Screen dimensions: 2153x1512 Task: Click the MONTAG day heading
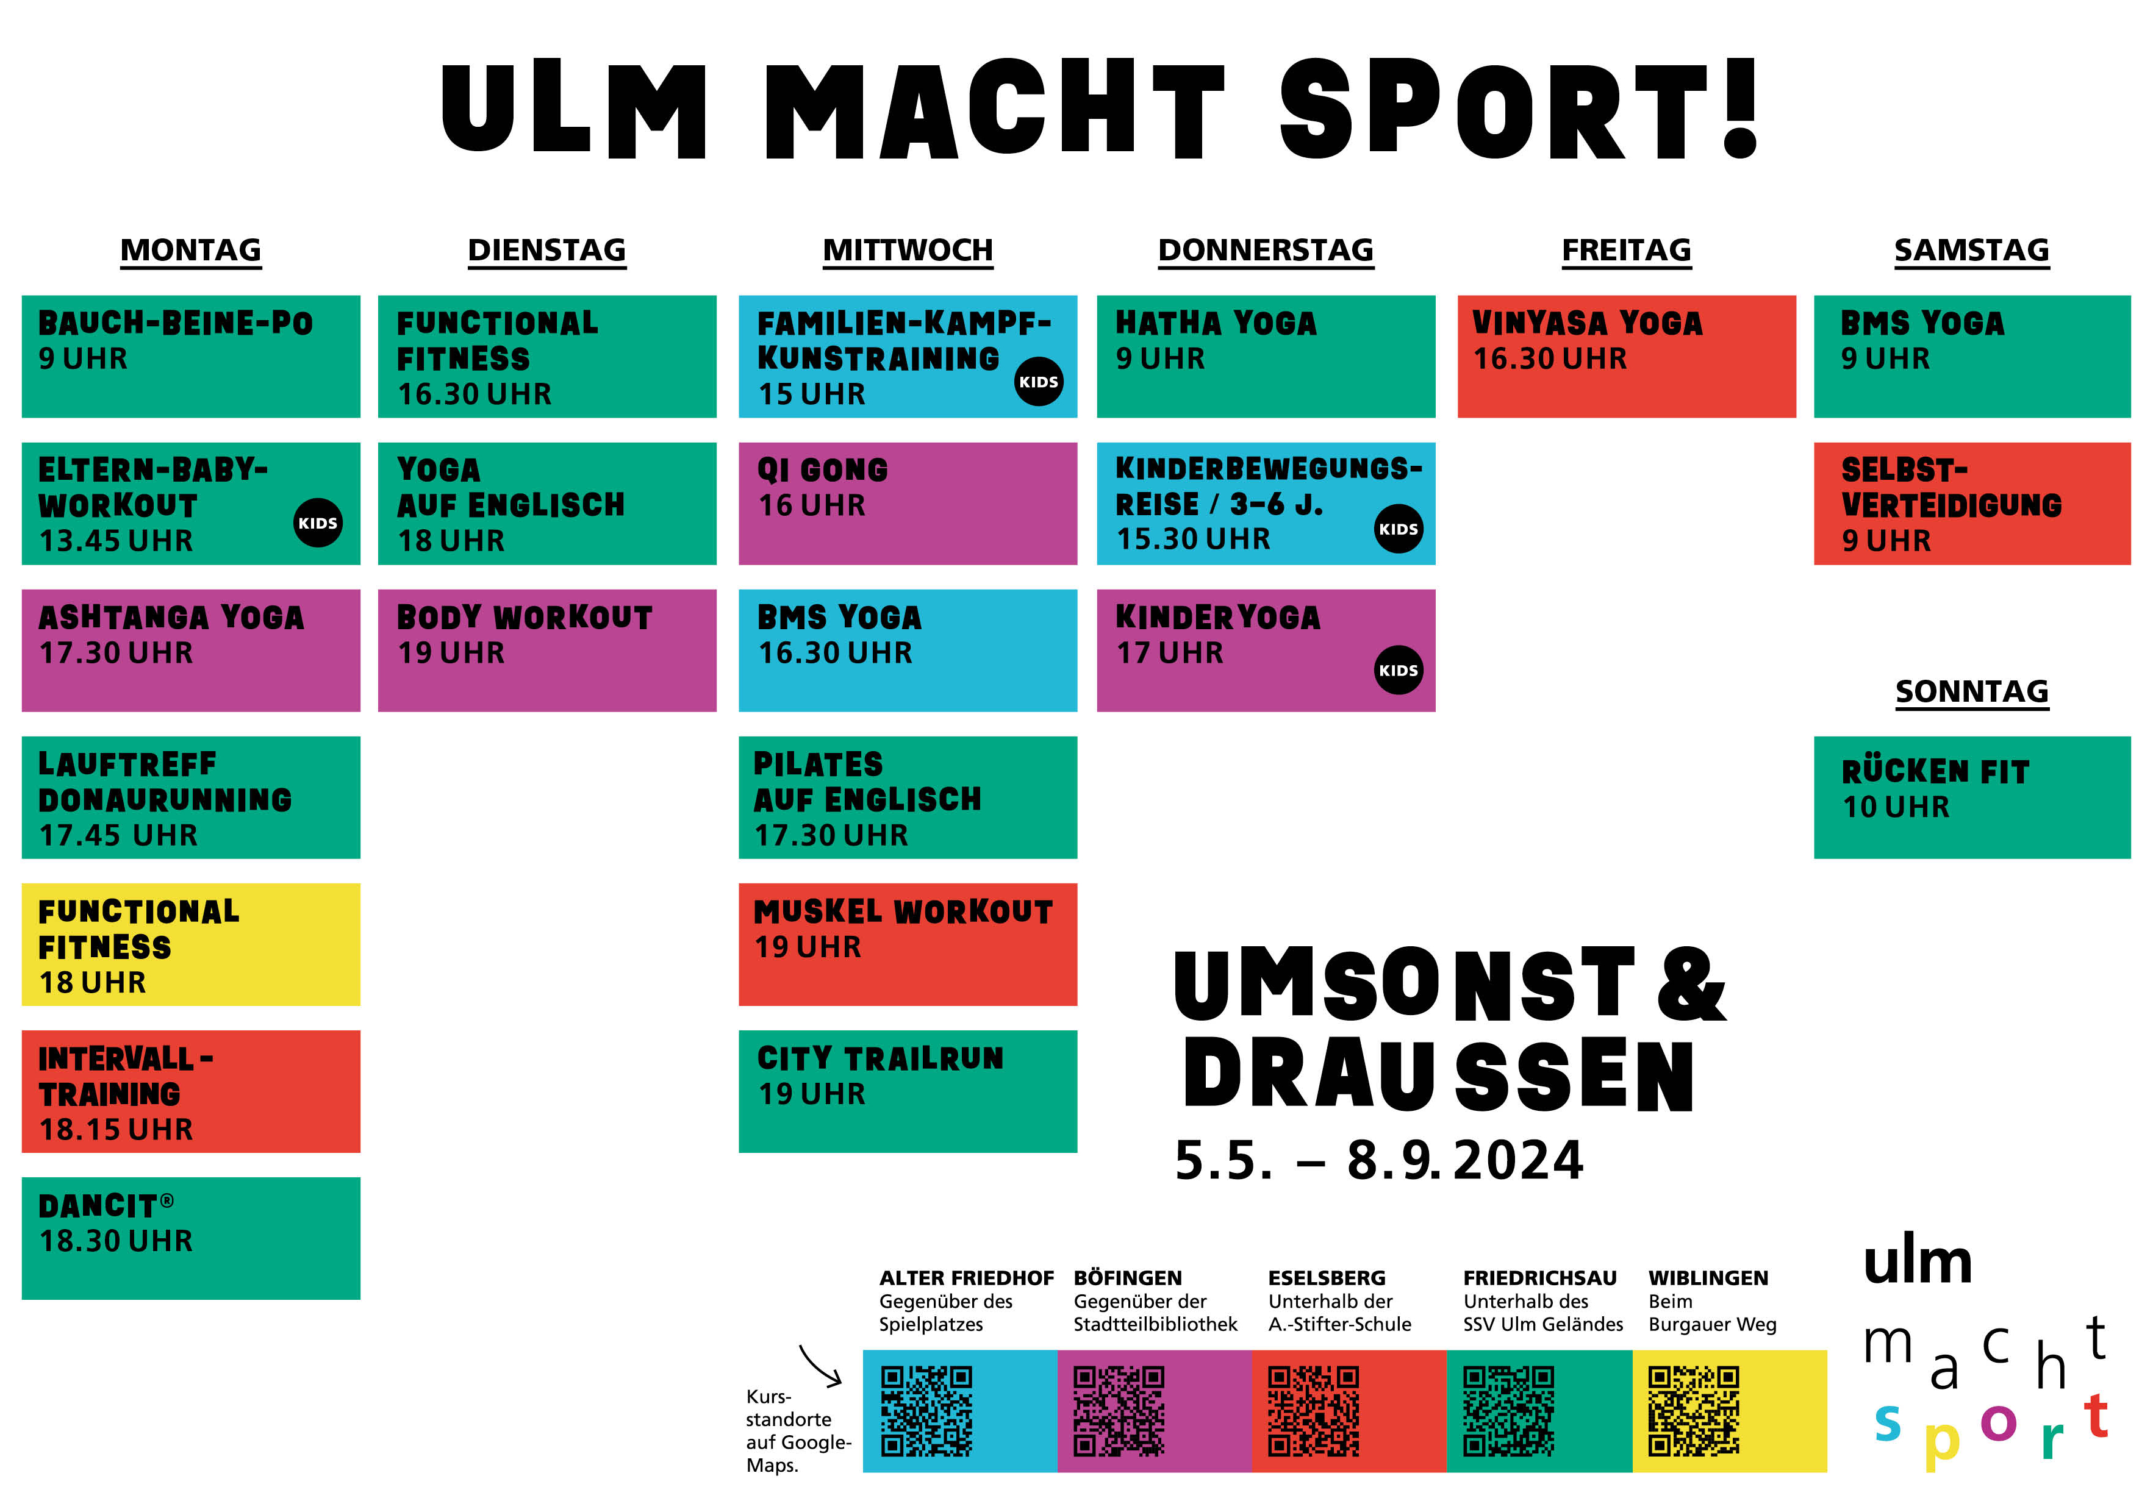point(190,251)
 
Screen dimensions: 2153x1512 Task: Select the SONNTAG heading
point(1971,692)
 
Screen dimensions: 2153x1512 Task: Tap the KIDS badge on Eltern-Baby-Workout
point(318,523)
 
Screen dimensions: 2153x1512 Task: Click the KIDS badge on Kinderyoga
point(1398,670)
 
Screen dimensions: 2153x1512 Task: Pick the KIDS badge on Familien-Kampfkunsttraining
point(1039,382)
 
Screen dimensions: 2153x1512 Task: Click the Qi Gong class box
point(908,504)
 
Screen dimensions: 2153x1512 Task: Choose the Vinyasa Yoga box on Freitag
point(1626,356)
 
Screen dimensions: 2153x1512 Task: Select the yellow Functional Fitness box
point(190,944)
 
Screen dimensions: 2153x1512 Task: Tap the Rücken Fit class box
point(1972,797)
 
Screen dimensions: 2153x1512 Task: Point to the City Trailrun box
point(908,1091)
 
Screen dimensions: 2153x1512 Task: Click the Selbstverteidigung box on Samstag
point(1972,504)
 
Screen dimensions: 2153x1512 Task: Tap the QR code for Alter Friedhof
point(926,1411)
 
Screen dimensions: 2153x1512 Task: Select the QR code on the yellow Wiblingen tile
point(1694,1411)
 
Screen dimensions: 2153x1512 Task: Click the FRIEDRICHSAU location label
point(1540,1278)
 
